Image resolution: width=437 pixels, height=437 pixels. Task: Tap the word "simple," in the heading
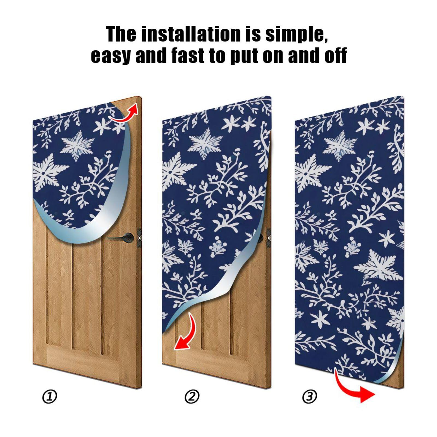pos(296,34)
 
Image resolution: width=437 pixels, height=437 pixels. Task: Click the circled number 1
pos(50,397)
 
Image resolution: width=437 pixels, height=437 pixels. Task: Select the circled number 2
pos(192,397)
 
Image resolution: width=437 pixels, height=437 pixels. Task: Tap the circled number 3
pos(310,396)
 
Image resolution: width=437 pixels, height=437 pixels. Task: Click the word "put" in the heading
pos(243,56)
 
